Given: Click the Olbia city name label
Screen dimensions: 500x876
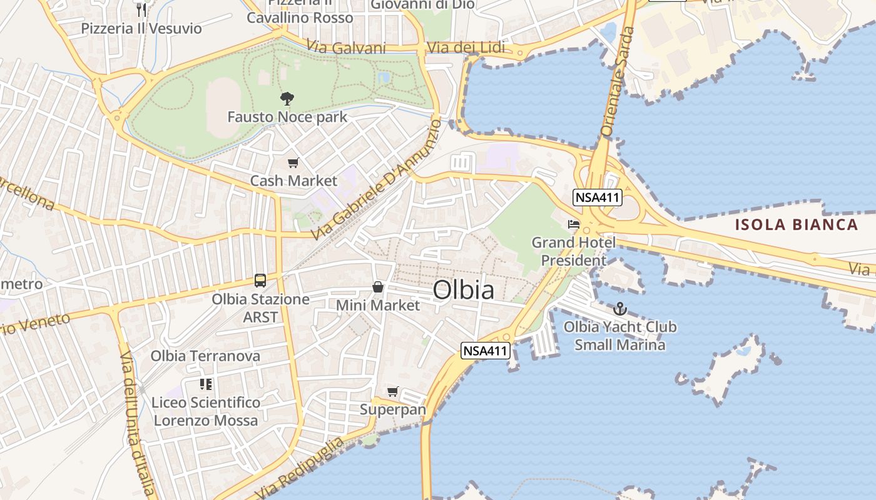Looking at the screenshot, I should click(463, 290).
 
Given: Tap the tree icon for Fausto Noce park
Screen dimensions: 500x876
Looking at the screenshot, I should click(287, 98).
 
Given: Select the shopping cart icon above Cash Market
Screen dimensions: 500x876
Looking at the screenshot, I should click(293, 163).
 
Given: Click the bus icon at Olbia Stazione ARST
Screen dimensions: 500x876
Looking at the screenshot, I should click(260, 281).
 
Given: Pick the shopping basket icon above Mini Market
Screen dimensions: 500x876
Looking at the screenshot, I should click(378, 287).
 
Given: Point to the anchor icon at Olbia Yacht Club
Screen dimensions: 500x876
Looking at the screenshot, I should click(619, 309).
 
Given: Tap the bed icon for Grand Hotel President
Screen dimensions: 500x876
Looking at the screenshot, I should click(573, 224).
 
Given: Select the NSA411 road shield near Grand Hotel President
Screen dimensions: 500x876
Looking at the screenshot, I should click(597, 198).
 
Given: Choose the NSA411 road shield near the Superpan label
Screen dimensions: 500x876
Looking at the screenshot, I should click(484, 351).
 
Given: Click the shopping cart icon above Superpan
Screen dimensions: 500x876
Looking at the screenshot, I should click(392, 392).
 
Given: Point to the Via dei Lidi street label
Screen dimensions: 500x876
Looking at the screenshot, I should click(466, 48).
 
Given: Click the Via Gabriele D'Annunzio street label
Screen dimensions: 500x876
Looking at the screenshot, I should click(375, 181).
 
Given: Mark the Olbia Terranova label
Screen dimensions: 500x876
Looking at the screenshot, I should click(205, 356).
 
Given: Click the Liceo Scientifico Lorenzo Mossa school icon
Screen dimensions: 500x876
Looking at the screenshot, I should click(206, 384).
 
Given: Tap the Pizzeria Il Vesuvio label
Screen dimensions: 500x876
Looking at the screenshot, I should click(141, 28).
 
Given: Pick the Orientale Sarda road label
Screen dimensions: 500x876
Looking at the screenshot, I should click(616, 81).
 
